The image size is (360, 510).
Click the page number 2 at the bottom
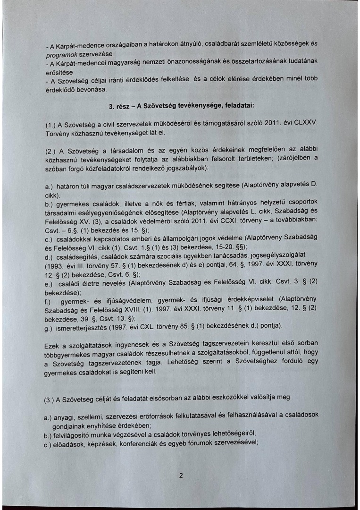click(x=181, y=476)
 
